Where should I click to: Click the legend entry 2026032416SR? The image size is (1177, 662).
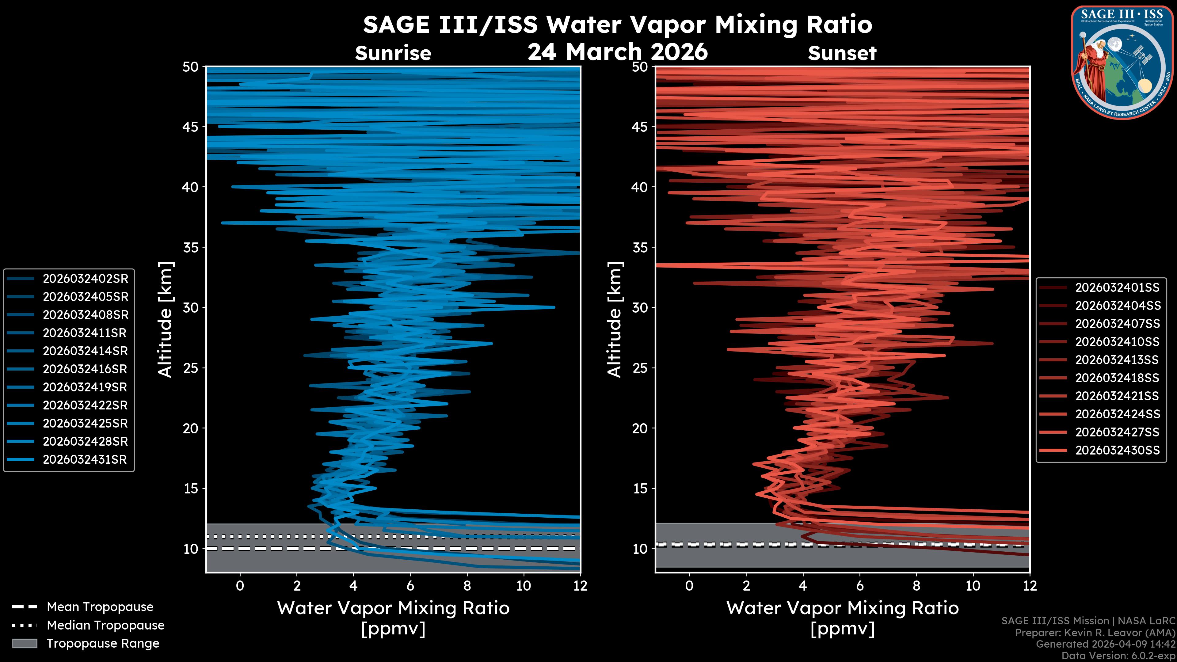coord(85,369)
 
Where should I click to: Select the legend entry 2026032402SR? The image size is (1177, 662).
coord(85,279)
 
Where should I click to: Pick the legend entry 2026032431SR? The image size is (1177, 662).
coord(85,460)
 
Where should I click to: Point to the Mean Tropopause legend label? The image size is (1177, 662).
coord(100,607)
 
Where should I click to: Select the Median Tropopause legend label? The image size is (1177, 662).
coord(105,626)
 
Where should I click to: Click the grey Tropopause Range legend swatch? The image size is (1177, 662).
coord(24,643)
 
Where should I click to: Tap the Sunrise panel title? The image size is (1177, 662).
coord(393,53)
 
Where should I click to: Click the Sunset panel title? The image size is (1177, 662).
coord(842,53)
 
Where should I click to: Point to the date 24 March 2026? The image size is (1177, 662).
coord(618,51)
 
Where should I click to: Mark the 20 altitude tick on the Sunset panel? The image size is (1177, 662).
coord(640,428)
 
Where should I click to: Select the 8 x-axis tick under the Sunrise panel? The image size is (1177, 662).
coord(467,586)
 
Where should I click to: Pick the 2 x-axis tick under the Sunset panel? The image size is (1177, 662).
coord(746,586)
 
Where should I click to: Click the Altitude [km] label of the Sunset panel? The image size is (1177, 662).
coord(615,320)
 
